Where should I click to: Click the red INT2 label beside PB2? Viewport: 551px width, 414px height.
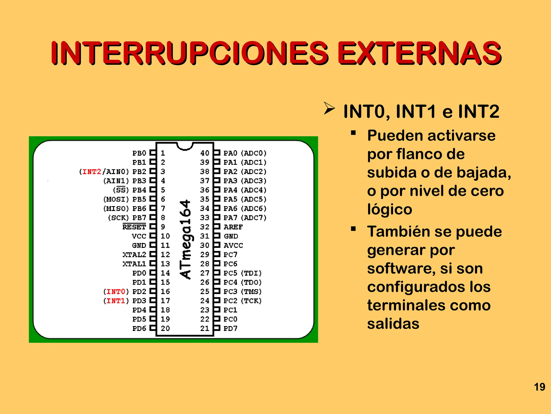point(92,172)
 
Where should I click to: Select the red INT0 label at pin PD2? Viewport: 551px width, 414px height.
point(116,292)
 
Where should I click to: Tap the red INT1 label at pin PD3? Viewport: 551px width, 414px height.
point(116,301)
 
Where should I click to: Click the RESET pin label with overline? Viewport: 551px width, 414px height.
point(134,227)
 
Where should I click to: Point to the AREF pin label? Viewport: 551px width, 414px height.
point(233,227)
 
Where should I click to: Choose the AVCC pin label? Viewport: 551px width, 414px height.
point(233,245)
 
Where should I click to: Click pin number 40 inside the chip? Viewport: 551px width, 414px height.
point(205,153)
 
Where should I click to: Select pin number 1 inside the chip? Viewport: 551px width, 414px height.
point(163,153)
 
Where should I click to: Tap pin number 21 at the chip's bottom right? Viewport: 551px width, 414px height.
point(205,328)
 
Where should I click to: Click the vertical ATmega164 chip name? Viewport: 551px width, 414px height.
point(185,239)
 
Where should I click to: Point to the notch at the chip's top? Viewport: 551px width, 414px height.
point(185,146)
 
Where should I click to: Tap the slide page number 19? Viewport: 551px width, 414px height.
point(539,387)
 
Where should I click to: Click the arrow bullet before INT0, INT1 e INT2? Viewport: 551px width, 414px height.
point(329,108)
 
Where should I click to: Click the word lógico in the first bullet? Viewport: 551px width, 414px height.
point(390,209)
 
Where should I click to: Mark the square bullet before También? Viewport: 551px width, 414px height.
point(353,229)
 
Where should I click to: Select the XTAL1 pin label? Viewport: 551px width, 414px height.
point(134,264)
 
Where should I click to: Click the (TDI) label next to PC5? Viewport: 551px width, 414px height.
point(251,273)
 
